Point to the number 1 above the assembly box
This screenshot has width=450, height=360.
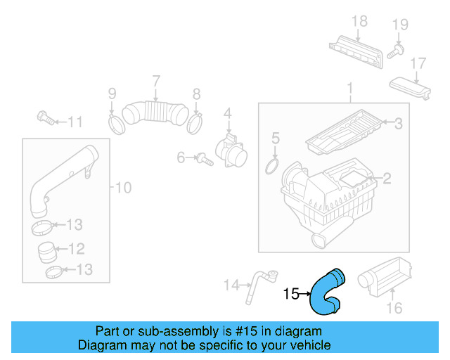(x=349, y=89)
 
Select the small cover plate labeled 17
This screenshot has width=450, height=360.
(x=411, y=90)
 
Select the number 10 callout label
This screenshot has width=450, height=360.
(x=123, y=187)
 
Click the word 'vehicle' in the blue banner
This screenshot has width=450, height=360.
(x=303, y=345)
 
